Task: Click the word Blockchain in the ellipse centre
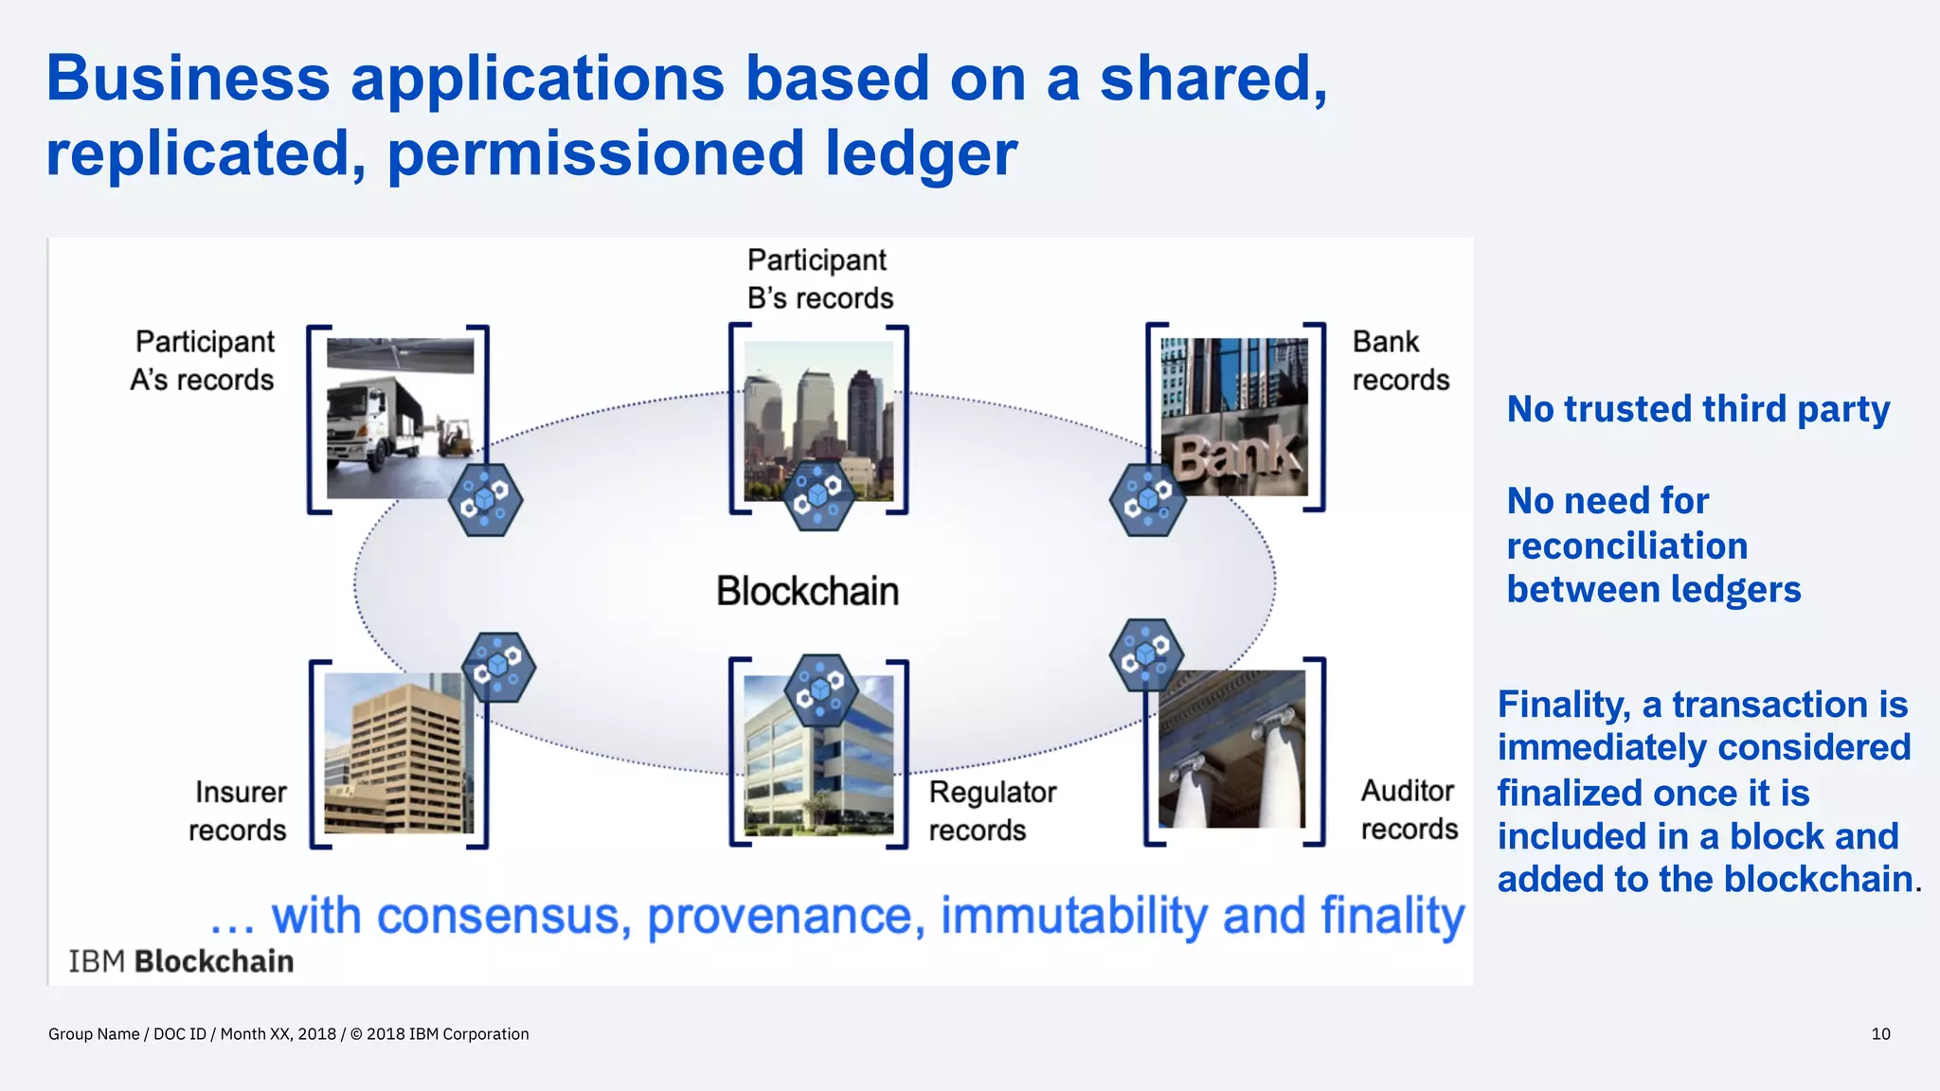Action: tap(807, 591)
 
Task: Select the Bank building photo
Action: tap(1234, 417)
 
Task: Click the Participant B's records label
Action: tap(819, 278)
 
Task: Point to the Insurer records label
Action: tap(238, 811)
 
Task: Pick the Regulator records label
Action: tap(991, 811)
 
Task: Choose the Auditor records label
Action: tap(1408, 810)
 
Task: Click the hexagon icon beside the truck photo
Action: tap(485, 499)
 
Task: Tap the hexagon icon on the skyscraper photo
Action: tap(819, 494)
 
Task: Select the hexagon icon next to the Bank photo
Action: tap(1147, 499)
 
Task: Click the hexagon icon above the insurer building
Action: tap(498, 667)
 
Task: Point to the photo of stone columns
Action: tap(1231, 748)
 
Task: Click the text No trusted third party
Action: tap(1697, 409)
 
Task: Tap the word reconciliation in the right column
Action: tap(1626, 545)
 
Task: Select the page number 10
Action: tap(1880, 1034)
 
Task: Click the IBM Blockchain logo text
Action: tap(181, 961)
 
